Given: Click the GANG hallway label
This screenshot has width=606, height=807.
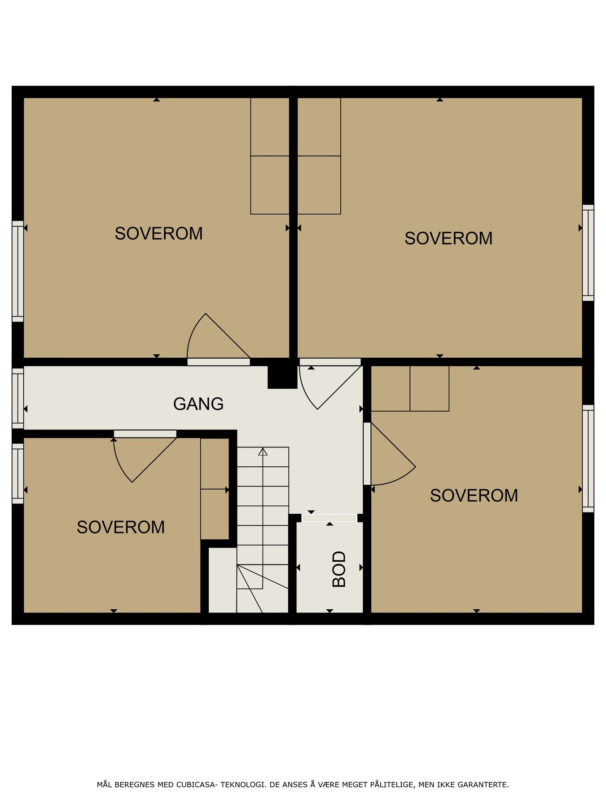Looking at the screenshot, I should (x=198, y=404).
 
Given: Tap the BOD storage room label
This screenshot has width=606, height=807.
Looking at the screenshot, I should (x=339, y=569).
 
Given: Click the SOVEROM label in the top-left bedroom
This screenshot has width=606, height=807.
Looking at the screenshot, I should (x=158, y=234).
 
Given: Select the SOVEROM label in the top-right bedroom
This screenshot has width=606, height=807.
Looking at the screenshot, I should (x=448, y=238).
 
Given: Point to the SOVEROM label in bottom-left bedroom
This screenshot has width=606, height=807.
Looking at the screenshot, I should (x=120, y=527).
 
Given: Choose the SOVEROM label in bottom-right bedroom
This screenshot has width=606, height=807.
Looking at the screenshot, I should (x=474, y=495).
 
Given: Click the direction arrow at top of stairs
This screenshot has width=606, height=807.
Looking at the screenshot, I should (x=263, y=452).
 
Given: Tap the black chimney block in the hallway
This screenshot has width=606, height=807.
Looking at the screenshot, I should (x=282, y=377).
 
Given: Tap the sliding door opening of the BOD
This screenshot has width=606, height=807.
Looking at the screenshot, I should (x=329, y=518).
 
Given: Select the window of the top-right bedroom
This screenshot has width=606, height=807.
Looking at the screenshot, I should (x=588, y=253).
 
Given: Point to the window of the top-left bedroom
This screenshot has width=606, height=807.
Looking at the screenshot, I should (x=18, y=271).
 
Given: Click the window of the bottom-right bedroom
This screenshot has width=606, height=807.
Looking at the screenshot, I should (x=588, y=458).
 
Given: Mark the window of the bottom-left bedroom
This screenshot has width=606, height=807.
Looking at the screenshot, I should (x=18, y=473).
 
